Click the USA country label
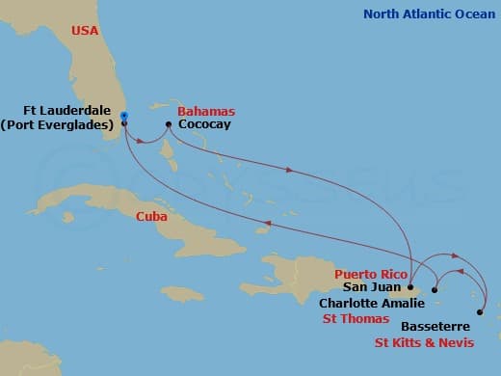[x=84, y=32]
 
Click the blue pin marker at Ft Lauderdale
[x=124, y=116]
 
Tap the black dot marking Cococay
[x=169, y=124]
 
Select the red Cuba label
[x=153, y=216]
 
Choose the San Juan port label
[x=367, y=287]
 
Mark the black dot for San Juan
[x=410, y=287]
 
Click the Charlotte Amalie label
[x=369, y=302]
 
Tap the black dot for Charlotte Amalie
[x=435, y=289]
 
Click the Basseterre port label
[x=424, y=326]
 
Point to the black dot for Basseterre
[x=480, y=312]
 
